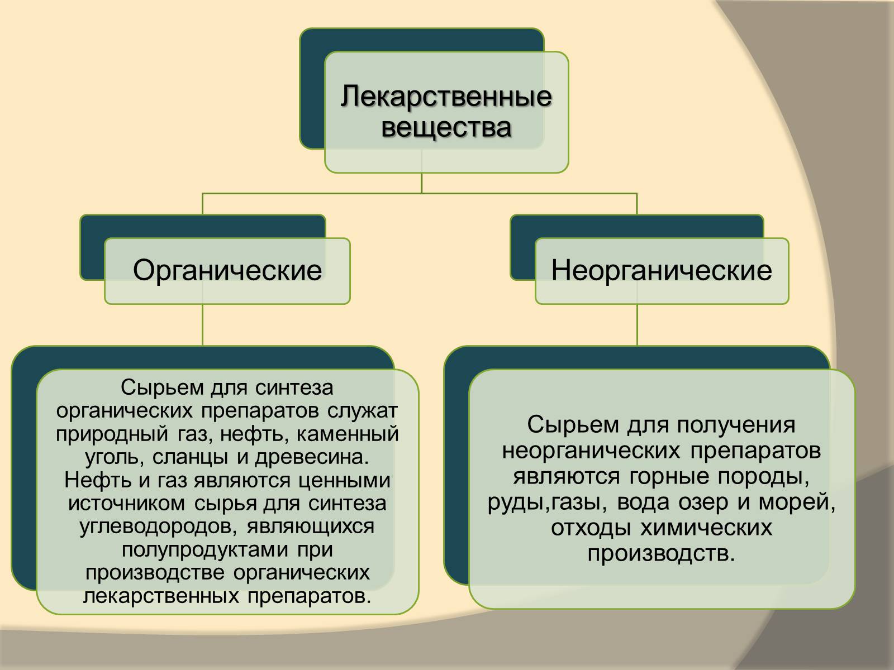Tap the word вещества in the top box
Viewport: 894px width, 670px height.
point(446,127)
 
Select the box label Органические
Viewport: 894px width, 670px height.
point(227,271)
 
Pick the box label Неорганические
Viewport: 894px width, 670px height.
point(662,271)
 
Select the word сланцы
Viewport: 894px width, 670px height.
point(196,457)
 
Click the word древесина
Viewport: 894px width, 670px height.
point(312,457)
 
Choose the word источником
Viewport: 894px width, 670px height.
point(128,504)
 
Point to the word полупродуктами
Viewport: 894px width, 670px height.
point(198,550)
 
